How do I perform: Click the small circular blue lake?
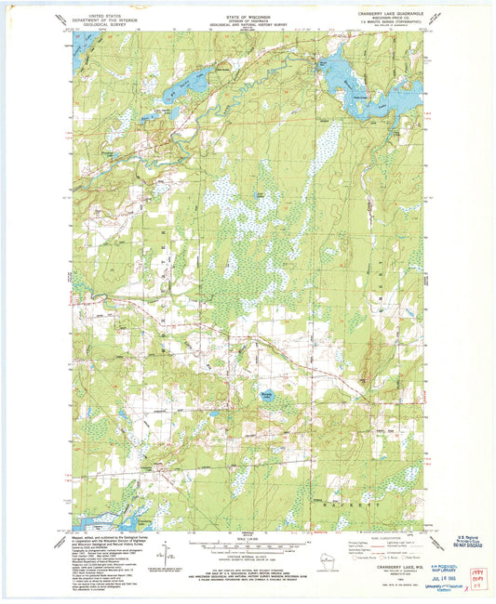coord(267,398)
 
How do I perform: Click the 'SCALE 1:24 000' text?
coord(248,539)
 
